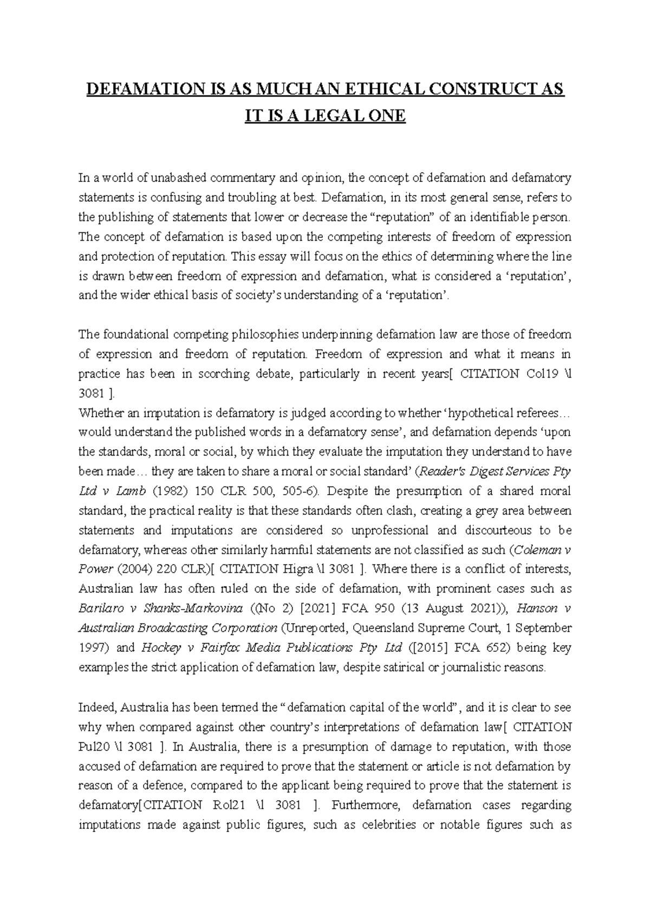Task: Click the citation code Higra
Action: (x=298, y=569)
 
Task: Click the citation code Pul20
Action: (x=93, y=747)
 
